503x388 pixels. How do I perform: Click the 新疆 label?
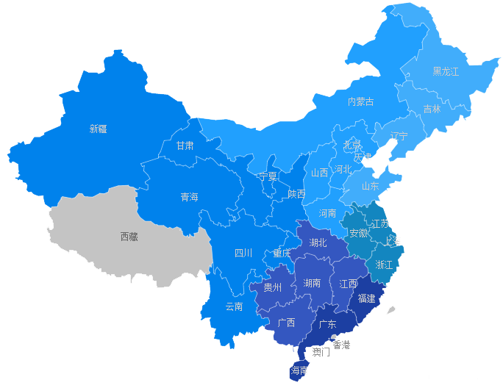click(98, 129)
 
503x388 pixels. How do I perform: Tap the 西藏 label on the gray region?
click(129, 237)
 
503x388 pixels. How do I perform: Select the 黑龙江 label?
click(445, 71)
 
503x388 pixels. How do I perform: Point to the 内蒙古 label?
click(360, 101)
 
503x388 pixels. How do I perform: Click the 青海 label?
click(189, 197)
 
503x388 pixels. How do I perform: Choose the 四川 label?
click(243, 253)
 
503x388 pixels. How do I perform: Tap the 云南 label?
click(234, 306)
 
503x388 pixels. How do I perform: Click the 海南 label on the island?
click(299, 371)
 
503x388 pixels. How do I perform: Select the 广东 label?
click(327, 324)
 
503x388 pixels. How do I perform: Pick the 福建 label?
click(366, 298)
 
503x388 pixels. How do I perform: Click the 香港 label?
click(342, 345)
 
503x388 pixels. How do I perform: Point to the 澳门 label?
click(321, 352)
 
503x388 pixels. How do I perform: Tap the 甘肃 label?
click(185, 145)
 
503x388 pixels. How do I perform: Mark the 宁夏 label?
click(268, 176)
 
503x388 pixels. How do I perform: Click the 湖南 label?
click(312, 283)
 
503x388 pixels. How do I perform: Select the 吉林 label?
click(432, 109)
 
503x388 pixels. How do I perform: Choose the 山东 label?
click(370, 186)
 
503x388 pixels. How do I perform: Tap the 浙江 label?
click(384, 264)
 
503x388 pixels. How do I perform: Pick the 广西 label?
click(286, 323)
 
